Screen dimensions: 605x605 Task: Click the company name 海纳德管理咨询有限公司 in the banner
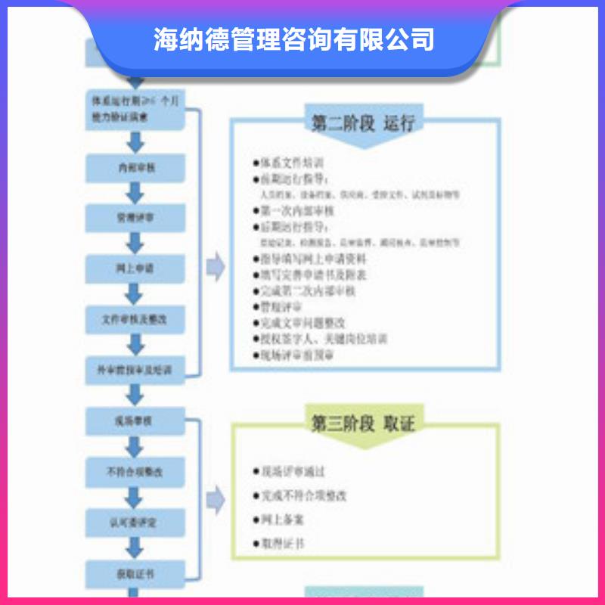tap(294, 39)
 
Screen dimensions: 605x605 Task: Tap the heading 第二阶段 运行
tap(362, 123)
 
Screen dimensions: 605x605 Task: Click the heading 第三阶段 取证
tap(362, 423)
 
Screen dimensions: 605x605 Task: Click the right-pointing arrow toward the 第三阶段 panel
tap(216, 498)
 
